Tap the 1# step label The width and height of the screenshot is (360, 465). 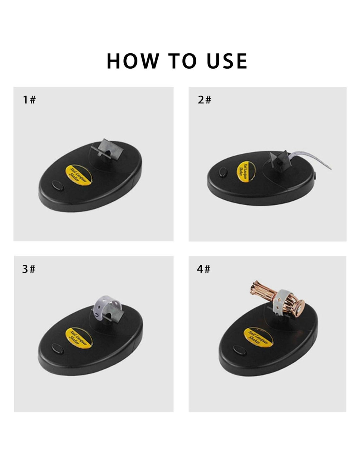(x=29, y=100)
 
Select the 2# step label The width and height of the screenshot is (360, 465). (x=204, y=100)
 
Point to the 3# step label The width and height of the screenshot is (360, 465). (x=29, y=269)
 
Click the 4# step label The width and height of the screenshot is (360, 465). (x=204, y=269)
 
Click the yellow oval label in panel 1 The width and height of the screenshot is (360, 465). (x=79, y=175)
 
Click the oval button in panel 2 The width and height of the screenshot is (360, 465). (x=223, y=172)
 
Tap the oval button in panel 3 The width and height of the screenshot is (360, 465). (x=57, y=349)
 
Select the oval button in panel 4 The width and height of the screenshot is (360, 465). (x=240, y=350)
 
